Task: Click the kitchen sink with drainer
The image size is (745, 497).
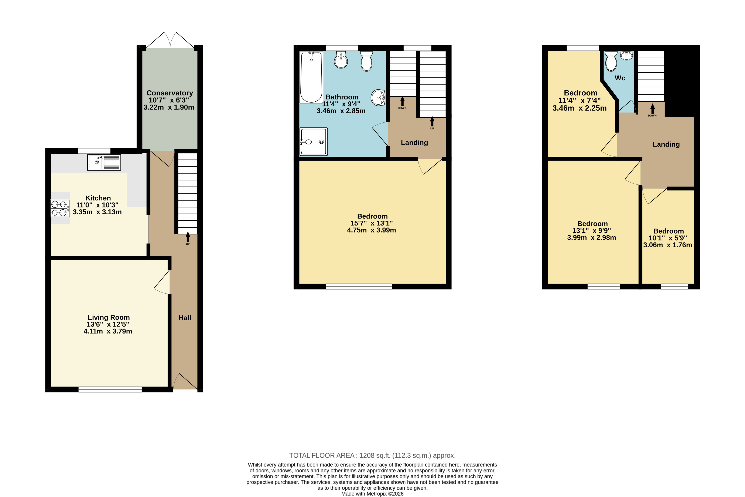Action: pyautogui.click(x=104, y=162)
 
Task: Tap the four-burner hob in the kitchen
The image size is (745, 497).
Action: pyautogui.click(x=60, y=208)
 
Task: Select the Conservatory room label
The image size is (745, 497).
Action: pyautogui.click(x=170, y=93)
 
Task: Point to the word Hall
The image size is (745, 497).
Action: pyautogui.click(x=185, y=318)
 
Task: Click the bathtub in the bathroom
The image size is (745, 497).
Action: pyautogui.click(x=311, y=77)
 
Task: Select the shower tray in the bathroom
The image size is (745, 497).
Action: pyautogui.click(x=314, y=142)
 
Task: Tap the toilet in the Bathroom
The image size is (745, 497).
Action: pyautogui.click(x=367, y=61)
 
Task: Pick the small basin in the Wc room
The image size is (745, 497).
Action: pyautogui.click(x=626, y=55)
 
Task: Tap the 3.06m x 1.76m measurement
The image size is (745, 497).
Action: pyautogui.click(x=667, y=245)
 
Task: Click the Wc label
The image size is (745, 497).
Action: pyautogui.click(x=620, y=78)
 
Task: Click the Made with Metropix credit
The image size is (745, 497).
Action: pyautogui.click(x=372, y=494)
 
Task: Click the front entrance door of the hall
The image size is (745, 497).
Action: pyautogui.click(x=184, y=381)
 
